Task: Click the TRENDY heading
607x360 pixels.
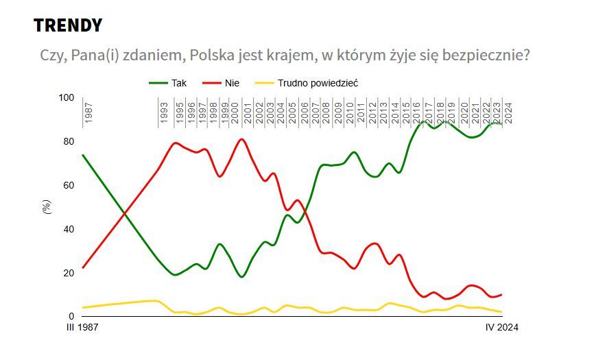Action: pos(68,25)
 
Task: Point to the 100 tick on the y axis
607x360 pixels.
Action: pos(65,97)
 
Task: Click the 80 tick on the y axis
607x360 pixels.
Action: pos(67,141)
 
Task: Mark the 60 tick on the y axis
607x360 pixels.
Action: pos(67,185)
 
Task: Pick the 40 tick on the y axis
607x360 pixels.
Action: pos(67,229)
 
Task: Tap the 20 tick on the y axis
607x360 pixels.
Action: pos(67,273)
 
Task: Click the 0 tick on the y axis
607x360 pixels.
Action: pos(70,316)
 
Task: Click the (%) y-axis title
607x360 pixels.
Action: pos(47,207)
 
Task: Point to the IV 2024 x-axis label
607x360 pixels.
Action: pos(501,328)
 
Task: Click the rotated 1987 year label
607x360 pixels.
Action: pos(88,112)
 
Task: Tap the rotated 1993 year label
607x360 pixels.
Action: pos(165,112)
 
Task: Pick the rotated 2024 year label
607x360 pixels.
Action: pos(508,112)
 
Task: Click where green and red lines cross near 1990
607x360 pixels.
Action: pos(124,215)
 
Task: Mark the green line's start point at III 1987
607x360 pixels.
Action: pos(82,155)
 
